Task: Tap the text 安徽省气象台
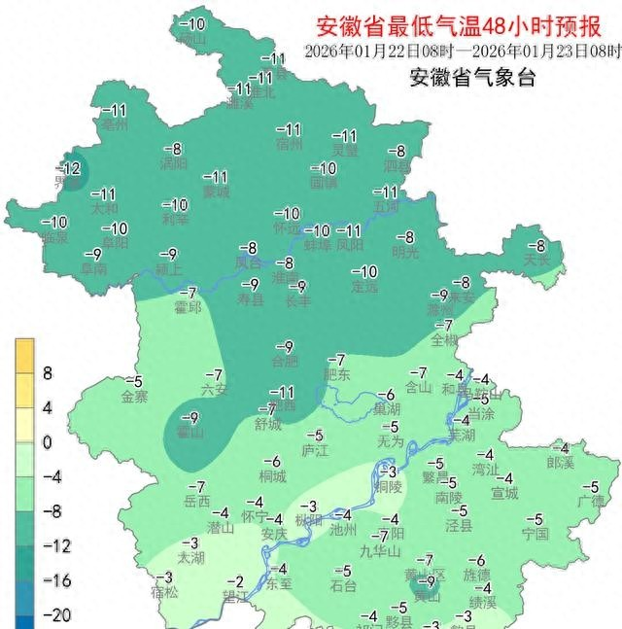point(472,79)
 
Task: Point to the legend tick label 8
point(46,373)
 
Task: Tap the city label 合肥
point(285,361)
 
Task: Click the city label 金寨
point(134,397)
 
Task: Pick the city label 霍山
point(190,433)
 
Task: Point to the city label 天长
point(536,261)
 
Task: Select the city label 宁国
point(535,534)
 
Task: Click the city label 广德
point(590,501)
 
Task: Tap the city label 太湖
point(190,558)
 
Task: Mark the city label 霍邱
point(188,307)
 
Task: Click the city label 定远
point(364,287)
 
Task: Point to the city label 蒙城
point(216,192)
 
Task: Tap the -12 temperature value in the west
point(68,168)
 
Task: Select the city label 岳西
point(196,502)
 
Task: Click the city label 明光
point(405,252)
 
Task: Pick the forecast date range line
point(462,51)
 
